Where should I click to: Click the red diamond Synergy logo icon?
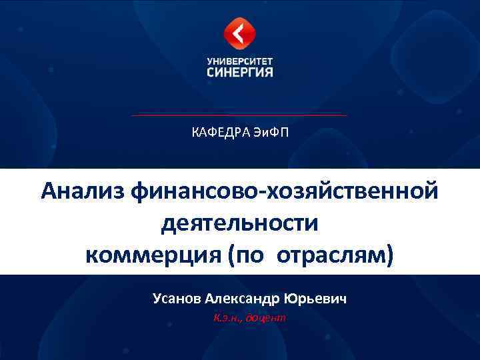(239, 33)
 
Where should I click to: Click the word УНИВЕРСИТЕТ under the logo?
(240, 60)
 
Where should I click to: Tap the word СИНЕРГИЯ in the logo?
(240, 71)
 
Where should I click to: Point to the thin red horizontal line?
(239, 115)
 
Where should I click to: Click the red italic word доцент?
(266, 317)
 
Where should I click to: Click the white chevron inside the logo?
(238, 33)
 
